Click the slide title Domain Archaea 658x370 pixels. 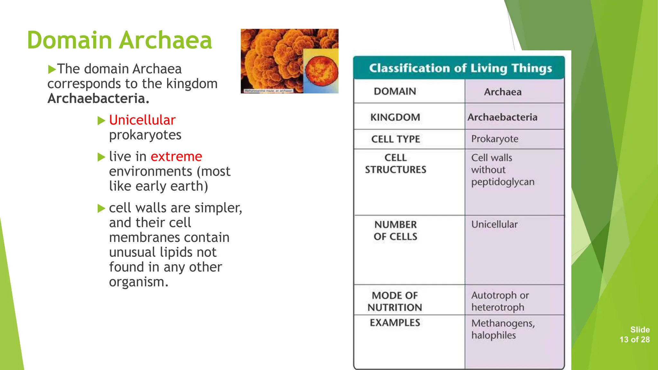[x=120, y=40]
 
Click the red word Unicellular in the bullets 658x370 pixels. [x=142, y=120]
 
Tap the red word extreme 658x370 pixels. [x=176, y=156]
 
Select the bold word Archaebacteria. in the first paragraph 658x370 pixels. [x=98, y=99]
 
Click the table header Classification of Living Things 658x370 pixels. [x=460, y=68]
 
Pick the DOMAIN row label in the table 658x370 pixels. [x=395, y=92]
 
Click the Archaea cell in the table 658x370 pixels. [x=502, y=92]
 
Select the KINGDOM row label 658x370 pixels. [x=395, y=117]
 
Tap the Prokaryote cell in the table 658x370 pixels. [x=494, y=139]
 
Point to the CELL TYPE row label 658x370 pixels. [x=396, y=139]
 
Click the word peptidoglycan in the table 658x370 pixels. [x=502, y=182]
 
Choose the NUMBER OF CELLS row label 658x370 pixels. [x=396, y=231]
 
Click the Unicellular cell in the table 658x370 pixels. [x=494, y=225]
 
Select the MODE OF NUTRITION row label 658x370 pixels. [x=395, y=301]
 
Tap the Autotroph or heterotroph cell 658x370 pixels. [x=500, y=301]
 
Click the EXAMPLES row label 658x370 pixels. [x=395, y=322]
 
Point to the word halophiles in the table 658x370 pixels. [x=493, y=335]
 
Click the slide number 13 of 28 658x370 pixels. [x=635, y=339]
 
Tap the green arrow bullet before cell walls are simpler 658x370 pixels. [x=101, y=208]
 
